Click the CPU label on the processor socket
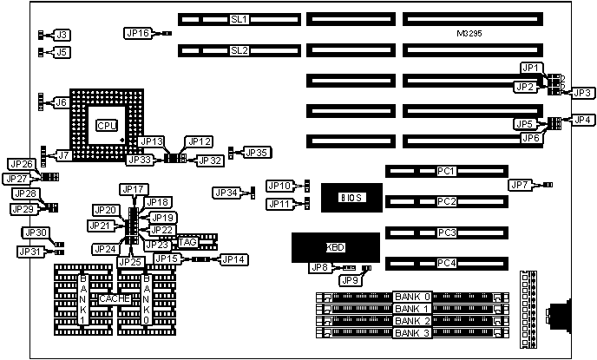pyautogui.click(x=107, y=125)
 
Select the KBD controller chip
pyautogui.click(x=335, y=247)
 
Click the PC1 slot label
pyautogui.click(x=447, y=171)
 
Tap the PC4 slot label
pyautogui.click(x=447, y=262)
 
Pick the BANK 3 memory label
pyautogui.click(x=411, y=332)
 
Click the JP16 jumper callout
pyautogui.click(x=138, y=33)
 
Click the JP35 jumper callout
pyautogui.click(x=257, y=153)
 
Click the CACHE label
pyautogui.click(x=115, y=298)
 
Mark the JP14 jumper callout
pyautogui.click(x=233, y=259)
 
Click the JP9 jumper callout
pyautogui.click(x=350, y=279)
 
